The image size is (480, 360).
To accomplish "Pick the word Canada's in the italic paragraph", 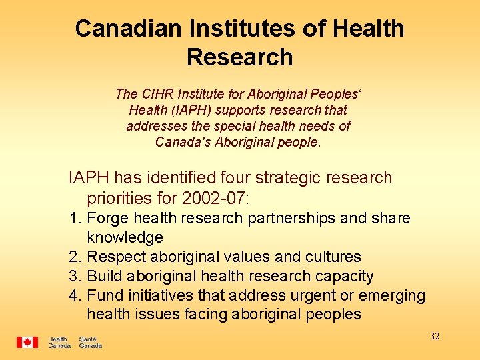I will coord(181,142).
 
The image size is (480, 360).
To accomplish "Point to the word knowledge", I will coord(125,237).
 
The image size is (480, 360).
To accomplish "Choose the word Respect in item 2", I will coord(115,257).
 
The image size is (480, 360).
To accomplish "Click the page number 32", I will coord(435,336).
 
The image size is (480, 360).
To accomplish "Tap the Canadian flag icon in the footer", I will coord(27,342).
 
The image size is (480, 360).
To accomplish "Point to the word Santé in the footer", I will coord(87,339).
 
